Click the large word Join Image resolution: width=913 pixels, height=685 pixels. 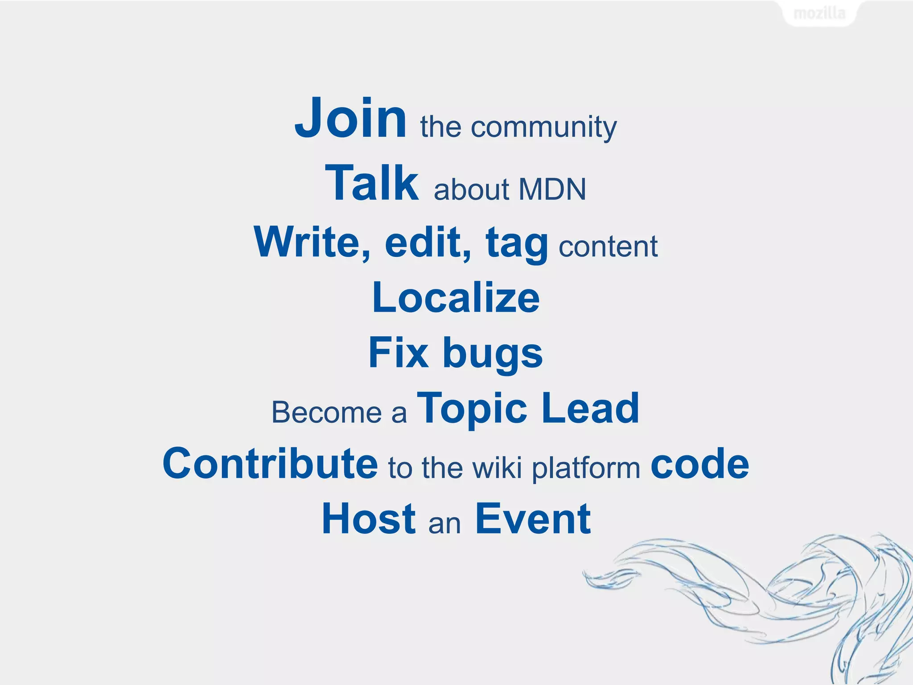(x=350, y=119)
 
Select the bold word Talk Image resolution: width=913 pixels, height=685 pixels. (x=372, y=183)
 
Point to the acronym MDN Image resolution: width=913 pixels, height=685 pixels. (x=552, y=190)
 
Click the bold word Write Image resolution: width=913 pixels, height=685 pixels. (x=312, y=242)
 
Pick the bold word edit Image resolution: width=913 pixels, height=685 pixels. (x=428, y=242)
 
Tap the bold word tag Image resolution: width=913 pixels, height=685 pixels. (x=517, y=244)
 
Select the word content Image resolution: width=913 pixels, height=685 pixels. (x=608, y=247)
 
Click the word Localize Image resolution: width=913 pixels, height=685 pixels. (x=456, y=298)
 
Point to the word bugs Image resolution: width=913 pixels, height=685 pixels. (x=493, y=355)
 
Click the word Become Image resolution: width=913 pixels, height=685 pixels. (x=327, y=413)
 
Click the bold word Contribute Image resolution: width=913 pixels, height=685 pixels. (x=270, y=464)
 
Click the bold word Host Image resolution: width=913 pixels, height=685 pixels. (x=369, y=519)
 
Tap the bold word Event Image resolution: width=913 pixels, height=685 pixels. (x=533, y=519)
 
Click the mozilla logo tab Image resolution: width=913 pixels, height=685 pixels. (x=819, y=13)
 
